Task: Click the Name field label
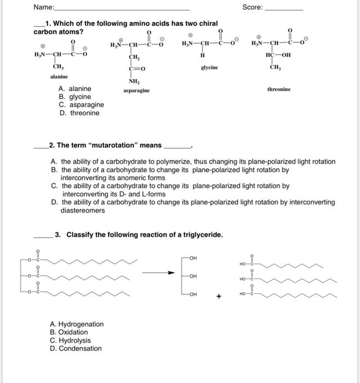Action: pyautogui.click(x=44, y=8)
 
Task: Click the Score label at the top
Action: pyautogui.click(x=252, y=8)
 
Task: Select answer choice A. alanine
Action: pyautogui.click(x=75, y=89)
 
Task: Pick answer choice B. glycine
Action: pyautogui.click(x=74, y=97)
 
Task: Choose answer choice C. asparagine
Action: pyautogui.click(x=81, y=105)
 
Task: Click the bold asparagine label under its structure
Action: pyautogui.click(x=136, y=90)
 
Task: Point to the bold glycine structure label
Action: pyautogui.click(x=209, y=67)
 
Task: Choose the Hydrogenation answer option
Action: pyautogui.click(x=77, y=324)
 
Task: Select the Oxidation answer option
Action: pyautogui.click(x=69, y=332)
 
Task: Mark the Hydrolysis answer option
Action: pyautogui.click(x=71, y=340)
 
